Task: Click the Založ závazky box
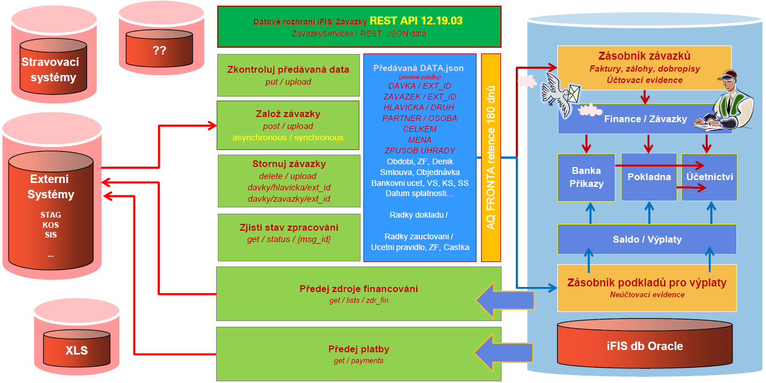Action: click(288, 125)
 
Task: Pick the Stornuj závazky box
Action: click(289, 181)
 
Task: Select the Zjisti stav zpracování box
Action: click(289, 233)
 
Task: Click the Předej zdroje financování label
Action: click(359, 289)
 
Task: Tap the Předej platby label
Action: click(359, 349)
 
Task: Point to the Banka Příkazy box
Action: click(586, 177)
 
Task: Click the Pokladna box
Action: click(649, 177)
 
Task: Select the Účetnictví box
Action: click(709, 177)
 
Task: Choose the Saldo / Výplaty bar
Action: click(647, 239)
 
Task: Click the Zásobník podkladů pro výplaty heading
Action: click(647, 282)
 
